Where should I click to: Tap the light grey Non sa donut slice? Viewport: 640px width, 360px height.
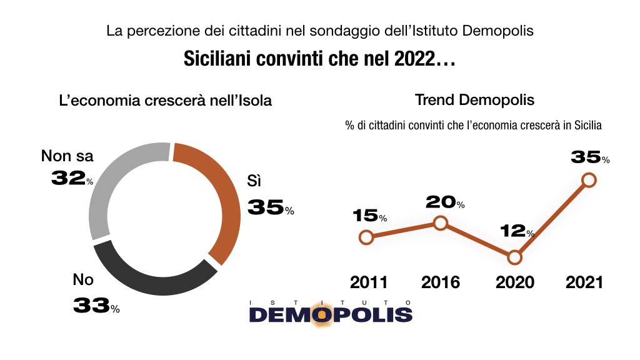coord(112,181)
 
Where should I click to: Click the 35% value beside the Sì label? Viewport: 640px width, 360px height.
coord(270,207)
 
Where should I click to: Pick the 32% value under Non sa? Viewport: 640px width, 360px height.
coord(72,179)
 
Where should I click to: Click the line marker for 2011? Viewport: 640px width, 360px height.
coord(367,237)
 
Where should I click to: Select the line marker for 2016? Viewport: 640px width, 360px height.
coord(441,223)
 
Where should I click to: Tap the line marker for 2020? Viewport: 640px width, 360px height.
coord(514,257)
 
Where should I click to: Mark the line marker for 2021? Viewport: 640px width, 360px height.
coord(588,180)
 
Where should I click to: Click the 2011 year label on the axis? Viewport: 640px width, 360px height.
coord(369,282)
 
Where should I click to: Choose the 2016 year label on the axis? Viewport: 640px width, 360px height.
coord(441,282)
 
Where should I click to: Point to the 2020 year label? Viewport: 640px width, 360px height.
coord(514,282)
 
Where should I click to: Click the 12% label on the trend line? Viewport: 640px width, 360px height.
coord(516,231)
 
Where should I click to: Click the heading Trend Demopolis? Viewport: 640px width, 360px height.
coord(474,100)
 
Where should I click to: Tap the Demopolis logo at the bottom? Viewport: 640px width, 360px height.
coord(331,311)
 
